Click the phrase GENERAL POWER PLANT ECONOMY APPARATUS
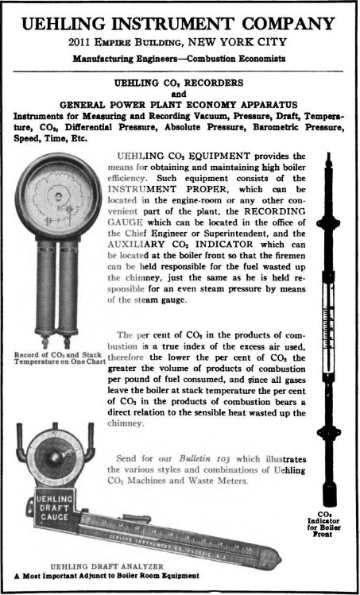(x=178, y=103)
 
